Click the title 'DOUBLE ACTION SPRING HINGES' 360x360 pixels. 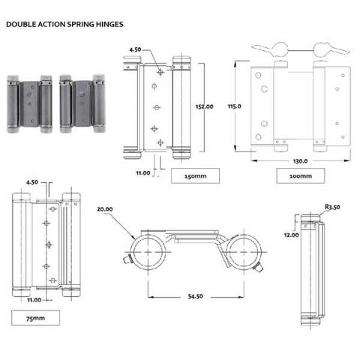[64, 23]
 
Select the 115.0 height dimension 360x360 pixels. [233, 106]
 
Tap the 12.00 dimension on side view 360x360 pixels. [291, 235]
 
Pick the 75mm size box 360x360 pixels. [37, 319]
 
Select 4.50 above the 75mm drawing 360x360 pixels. [33, 181]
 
